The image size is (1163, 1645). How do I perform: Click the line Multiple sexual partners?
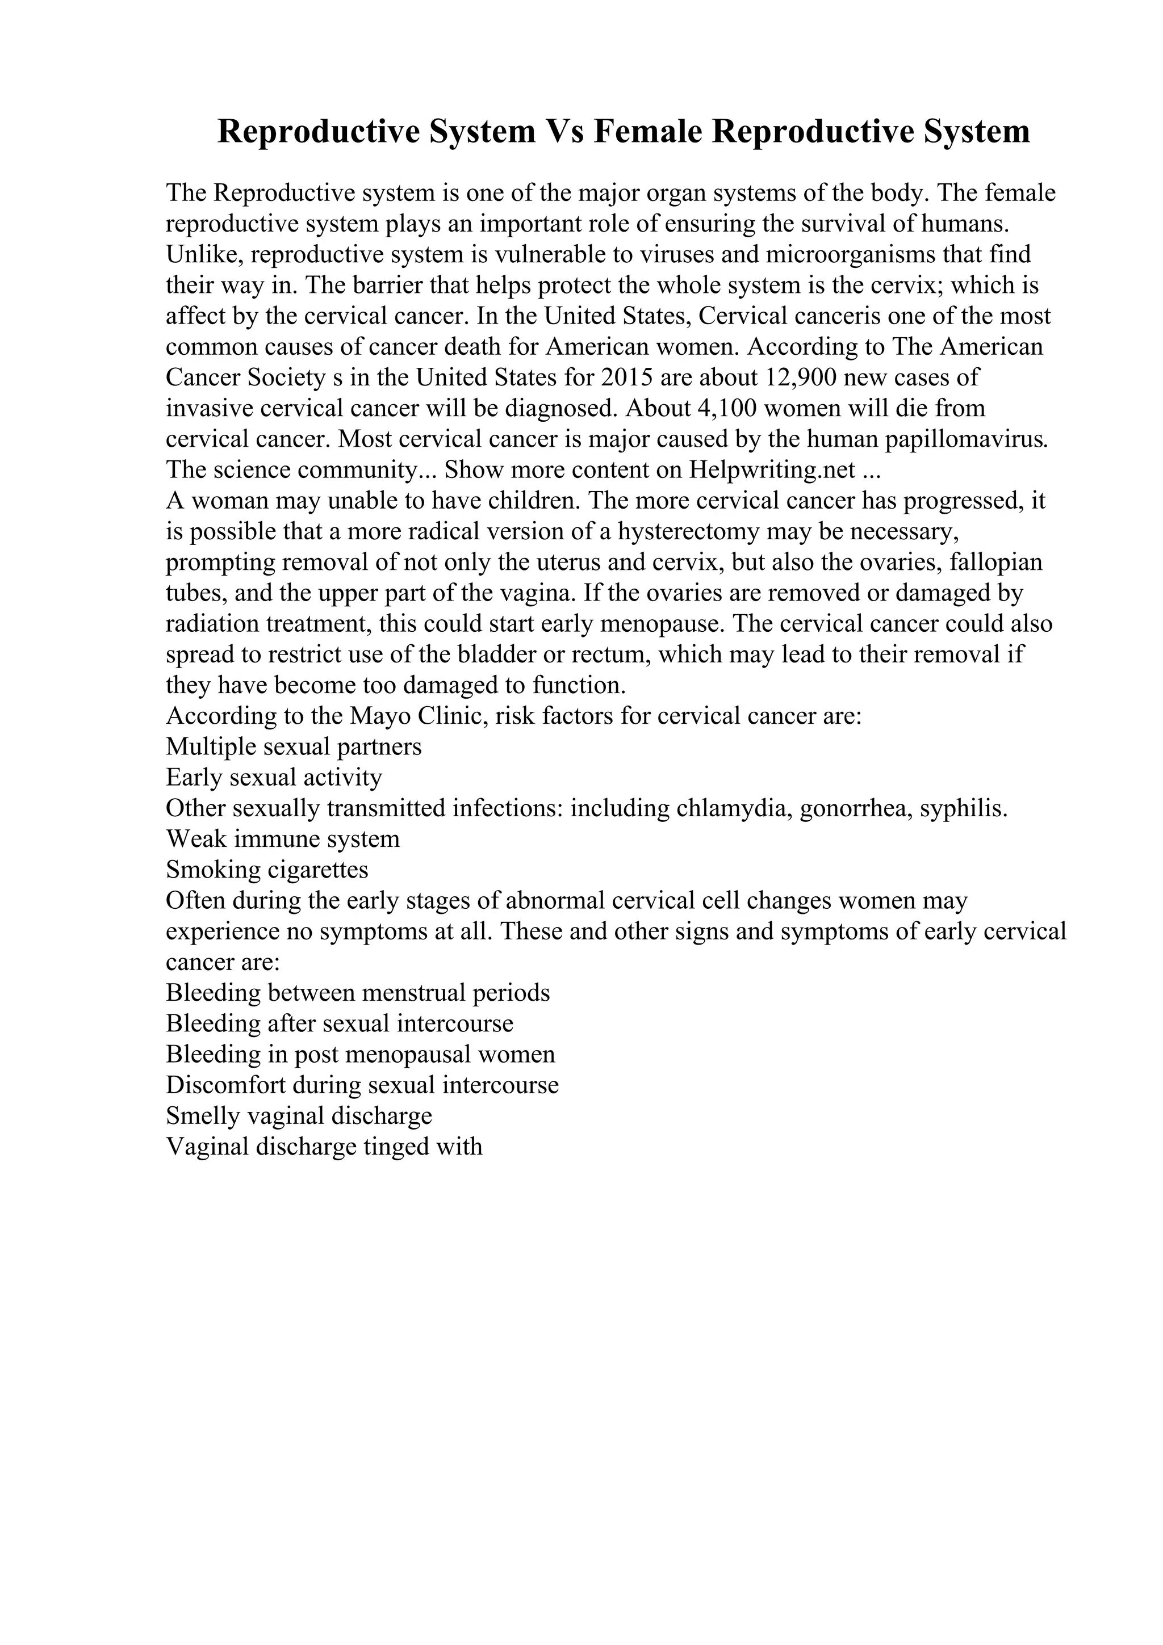(294, 746)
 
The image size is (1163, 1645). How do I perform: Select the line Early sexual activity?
(274, 777)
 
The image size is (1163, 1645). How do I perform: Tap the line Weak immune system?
(282, 839)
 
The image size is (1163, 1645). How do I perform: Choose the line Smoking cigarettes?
(266, 870)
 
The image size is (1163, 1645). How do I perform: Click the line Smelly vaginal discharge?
(299, 1115)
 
